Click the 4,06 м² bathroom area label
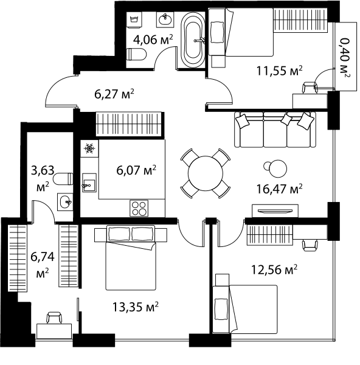pos(153,40)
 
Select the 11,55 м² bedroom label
pos(279,71)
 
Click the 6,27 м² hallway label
pos(114,94)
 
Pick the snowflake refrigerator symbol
pos(89,148)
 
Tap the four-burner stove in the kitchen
pos(139,208)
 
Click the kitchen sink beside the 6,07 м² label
pos(89,182)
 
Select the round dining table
pos(206,173)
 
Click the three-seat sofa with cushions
pos(275,130)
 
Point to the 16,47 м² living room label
pos(279,189)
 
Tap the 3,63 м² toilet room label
pos(43,178)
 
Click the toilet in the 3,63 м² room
pos(63,179)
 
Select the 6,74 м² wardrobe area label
pos(43,265)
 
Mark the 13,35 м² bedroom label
pos(136,307)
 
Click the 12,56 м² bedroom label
pos(274,269)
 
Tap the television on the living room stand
pos(275,211)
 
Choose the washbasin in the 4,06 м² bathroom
pos(165,19)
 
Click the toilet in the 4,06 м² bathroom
pos(137,55)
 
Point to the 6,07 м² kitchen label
pos(136,170)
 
